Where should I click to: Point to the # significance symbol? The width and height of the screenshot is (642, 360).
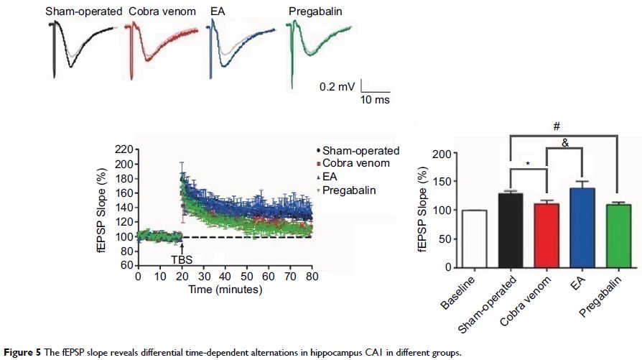point(556,126)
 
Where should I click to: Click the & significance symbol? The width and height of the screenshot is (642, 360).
point(564,143)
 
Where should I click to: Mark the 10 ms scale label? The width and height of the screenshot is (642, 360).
point(375,100)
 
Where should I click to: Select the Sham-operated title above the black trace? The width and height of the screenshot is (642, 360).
point(80,12)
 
